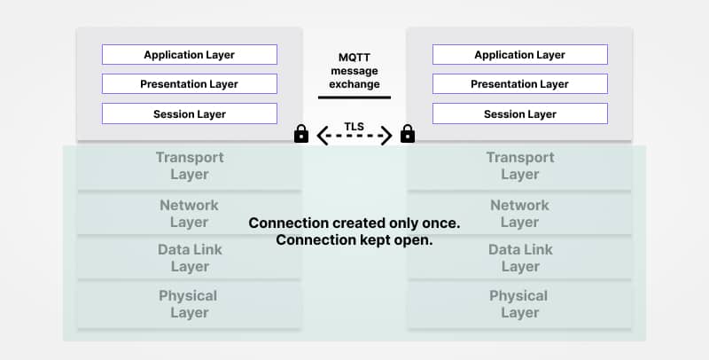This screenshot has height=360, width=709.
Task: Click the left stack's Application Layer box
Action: tap(189, 55)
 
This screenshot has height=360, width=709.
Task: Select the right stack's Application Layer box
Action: tap(519, 55)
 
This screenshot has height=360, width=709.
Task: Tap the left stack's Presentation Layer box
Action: tap(189, 84)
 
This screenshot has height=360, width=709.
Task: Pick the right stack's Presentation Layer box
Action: tap(519, 84)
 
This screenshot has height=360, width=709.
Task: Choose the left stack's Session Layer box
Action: tap(189, 113)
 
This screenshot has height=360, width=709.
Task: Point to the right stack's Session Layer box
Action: tap(519, 113)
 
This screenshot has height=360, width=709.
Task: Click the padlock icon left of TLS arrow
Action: tap(301, 134)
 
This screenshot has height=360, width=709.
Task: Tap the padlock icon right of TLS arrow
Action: tap(408, 134)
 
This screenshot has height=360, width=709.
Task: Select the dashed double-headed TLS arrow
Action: tap(354, 136)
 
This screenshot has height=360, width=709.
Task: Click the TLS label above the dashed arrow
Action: tap(354, 116)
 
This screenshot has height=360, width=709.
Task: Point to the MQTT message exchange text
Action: tap(354, 69)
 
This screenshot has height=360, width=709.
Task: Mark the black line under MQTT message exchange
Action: tap(354, 97)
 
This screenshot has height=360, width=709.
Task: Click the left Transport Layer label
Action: tap(190, 166)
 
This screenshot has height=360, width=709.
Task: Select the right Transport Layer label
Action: tap(520, 166)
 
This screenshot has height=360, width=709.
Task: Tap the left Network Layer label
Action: tap(190, 214)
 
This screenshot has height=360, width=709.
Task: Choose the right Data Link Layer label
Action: tap(520, 258)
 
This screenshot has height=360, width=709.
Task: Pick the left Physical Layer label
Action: tap(189, 304)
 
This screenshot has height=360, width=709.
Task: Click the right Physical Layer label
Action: tap(519, 304)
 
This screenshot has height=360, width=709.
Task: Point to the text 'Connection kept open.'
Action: tap(354, 240)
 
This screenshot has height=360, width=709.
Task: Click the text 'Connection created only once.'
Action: tap(354, 223)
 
